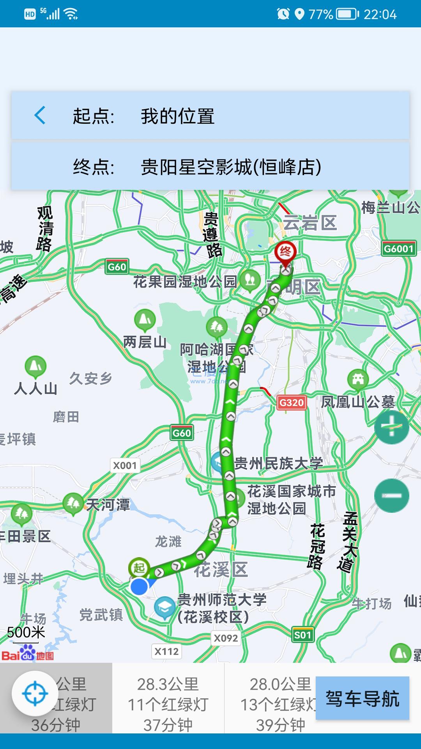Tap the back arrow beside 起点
(x=40, y=115)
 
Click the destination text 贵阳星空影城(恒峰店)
(x=231, y=167)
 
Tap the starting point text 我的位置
(x=178, y=116)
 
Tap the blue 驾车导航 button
(x=362, y=699)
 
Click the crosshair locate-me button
(x=35, y=694)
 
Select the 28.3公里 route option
(x=168, y=704)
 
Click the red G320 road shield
(x=291, y=402)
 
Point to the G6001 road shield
(x=398, y=248)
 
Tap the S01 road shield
(x=302, y=635)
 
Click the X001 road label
(x=125, y=465)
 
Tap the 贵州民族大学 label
(x=278, y=463)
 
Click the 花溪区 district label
(x=221, y=570)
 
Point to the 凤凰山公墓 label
(x=358, y=402)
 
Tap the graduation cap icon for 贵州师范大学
(x=165, y=607)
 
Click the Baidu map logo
(x=27, y=652)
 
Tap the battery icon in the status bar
(x=347, y=14)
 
